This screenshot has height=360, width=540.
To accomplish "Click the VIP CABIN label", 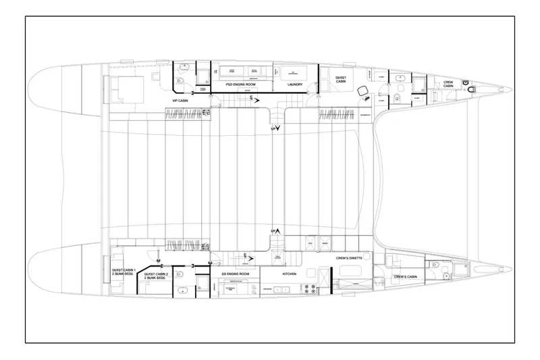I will [180, 101].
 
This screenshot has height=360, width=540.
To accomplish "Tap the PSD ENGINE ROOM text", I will [238, 84].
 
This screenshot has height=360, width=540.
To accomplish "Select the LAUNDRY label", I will [294, 84].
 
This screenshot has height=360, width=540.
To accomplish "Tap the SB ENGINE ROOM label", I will [236, 273].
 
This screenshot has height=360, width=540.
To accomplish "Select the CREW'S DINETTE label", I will [350, 258].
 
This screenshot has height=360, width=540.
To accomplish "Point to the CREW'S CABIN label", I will [407, 277].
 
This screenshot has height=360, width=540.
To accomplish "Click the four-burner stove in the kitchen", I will [313, 287].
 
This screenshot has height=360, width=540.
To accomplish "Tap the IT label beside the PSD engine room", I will [215, 71].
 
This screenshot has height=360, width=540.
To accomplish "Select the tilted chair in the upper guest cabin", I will [364, 92].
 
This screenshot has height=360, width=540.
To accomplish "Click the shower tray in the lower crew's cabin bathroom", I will [462, 271].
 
